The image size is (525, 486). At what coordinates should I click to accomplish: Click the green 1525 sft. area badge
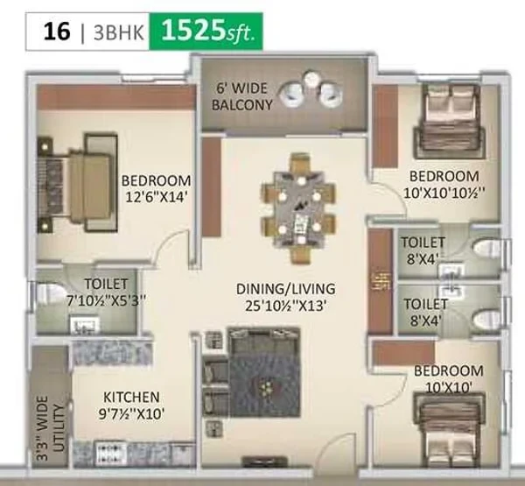point(206,32)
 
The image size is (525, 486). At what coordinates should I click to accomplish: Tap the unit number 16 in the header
point(57,32)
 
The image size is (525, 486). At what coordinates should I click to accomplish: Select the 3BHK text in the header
point(118,33)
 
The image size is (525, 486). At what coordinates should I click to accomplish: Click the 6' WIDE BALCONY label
point(242,97)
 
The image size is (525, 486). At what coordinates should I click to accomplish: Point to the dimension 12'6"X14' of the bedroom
point(156,198)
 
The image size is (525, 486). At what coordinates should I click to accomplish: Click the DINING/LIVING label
point(285,289)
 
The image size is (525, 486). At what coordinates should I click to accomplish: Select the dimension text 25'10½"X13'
point(285,306)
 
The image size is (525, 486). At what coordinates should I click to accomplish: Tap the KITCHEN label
point(131,398)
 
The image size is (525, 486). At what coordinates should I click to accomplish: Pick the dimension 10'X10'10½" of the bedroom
point(444,193)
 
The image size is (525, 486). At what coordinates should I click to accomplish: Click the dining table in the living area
point(298,208)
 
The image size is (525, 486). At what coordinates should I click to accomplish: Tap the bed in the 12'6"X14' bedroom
point(78,183)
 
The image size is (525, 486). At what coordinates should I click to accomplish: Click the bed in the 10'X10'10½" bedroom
point(450,122)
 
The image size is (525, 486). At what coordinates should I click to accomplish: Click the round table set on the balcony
point(311,88)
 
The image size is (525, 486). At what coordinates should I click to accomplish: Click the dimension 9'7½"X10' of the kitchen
point(131,414)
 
